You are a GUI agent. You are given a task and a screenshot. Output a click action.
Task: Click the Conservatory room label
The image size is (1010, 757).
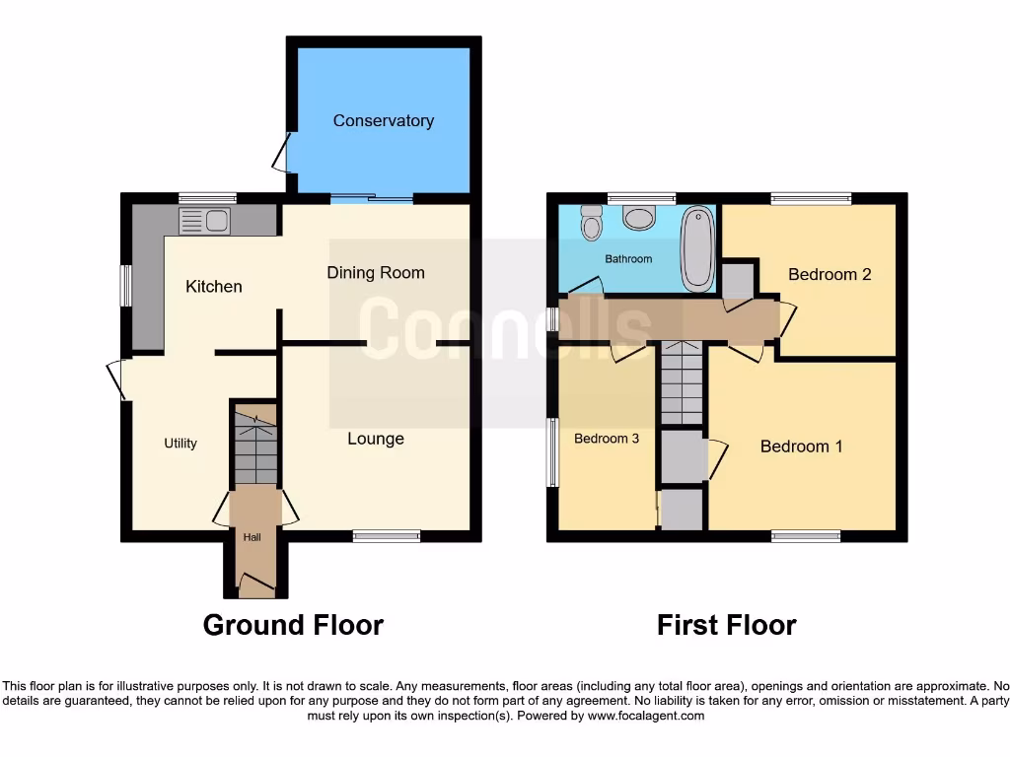pos(383,120)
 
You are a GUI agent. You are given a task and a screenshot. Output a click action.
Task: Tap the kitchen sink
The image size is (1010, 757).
pos(203,222)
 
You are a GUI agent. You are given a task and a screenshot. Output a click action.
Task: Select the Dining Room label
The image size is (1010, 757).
pos(376,273)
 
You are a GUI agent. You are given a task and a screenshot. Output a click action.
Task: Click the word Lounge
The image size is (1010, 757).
pos(375,439)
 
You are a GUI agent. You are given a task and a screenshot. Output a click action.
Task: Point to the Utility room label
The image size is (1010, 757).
pos(180,444)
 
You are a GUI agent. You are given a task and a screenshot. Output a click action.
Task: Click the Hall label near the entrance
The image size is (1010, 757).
pos(253,537)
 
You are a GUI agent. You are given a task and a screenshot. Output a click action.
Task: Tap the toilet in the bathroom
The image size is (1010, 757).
pos(592,224)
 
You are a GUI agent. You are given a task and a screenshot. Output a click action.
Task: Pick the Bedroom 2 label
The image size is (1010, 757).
pos(830,274)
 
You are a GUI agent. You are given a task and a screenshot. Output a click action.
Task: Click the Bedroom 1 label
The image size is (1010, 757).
pos(801,447)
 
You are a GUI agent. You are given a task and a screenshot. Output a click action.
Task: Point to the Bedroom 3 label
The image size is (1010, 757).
pos(607,439)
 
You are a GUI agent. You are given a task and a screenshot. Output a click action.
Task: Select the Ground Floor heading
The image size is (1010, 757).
pos(293,625)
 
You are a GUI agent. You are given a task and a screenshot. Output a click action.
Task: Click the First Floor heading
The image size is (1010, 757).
pos(727,625)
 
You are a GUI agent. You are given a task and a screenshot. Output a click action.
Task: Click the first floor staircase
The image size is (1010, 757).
pos(682,383)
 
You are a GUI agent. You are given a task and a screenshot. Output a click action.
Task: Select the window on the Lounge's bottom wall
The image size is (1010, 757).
pos(387,536)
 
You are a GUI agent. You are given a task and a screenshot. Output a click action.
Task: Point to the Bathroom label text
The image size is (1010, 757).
pos(628,259)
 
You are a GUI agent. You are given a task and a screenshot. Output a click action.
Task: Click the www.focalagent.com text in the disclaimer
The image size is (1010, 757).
pos(645,716)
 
